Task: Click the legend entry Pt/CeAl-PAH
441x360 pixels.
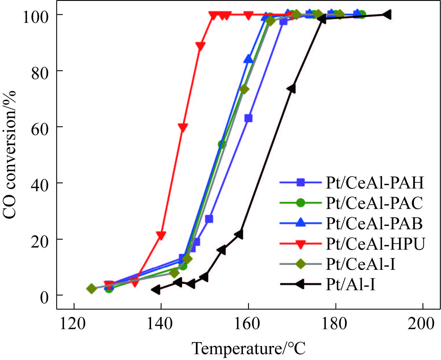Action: coord(374,182)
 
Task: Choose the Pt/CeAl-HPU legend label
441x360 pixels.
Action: coord(375,244)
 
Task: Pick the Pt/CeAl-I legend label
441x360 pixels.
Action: coord(360,264)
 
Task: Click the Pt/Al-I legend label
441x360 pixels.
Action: coord(350,285)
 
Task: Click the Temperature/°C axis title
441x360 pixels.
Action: coord(249,349)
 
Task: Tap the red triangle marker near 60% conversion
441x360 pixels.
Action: coord(183,127)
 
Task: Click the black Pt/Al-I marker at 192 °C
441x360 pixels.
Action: coord(387,14)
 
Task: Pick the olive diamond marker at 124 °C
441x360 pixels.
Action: coord(91,289)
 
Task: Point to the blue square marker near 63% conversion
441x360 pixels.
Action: coord(248,118)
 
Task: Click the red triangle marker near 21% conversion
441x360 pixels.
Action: coord(161,235)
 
